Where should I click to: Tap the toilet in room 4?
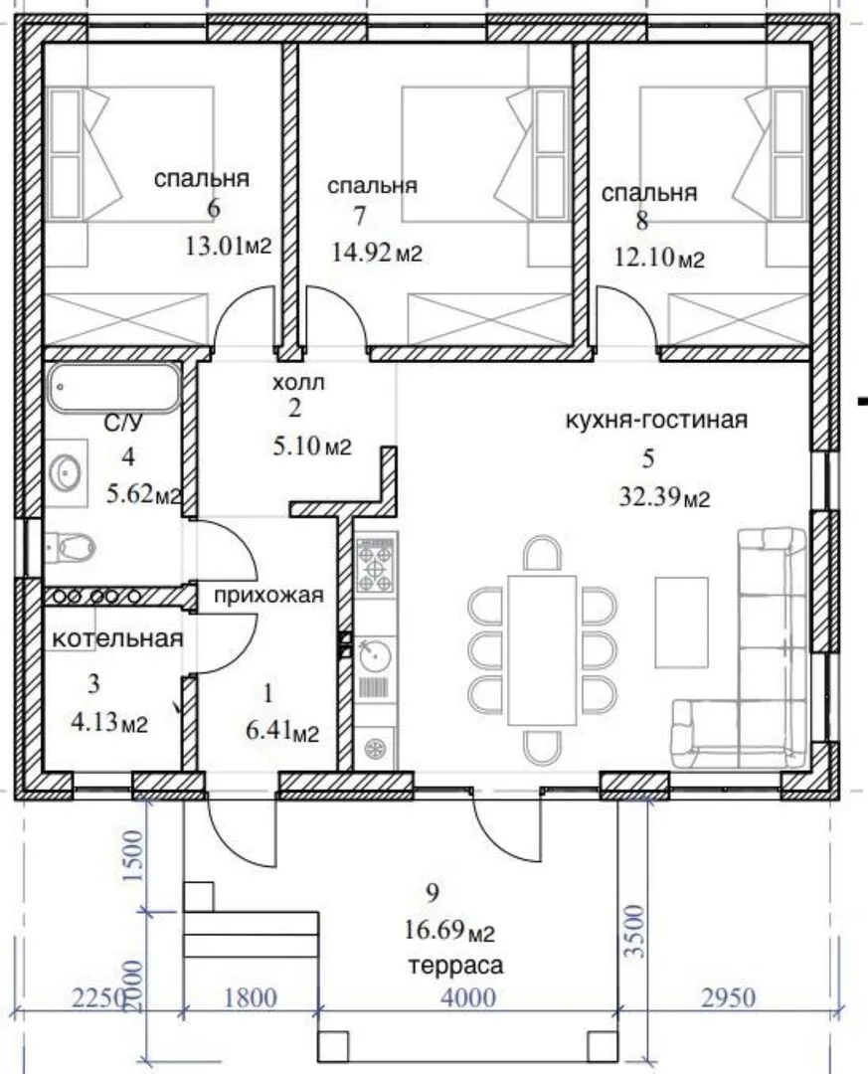pos(72,547)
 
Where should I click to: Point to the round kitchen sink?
pos(375,655)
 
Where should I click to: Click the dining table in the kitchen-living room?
pos(541,650)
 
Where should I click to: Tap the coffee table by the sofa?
pos(681,622)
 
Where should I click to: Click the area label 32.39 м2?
pos(664,498)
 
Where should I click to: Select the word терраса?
pos(455,966)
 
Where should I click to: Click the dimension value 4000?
pos(468,997)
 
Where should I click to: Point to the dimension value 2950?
pos(728,997)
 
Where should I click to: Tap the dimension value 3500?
pos(635,931)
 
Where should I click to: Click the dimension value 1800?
pos(249,997)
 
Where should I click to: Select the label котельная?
pos(118,639)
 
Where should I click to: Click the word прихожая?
pos(268,596)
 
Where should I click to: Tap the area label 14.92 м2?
pos(377,254)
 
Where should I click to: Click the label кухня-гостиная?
pos(656,420)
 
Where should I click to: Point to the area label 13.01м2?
pos(229,245)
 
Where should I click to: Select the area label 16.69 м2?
pos(450,931)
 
